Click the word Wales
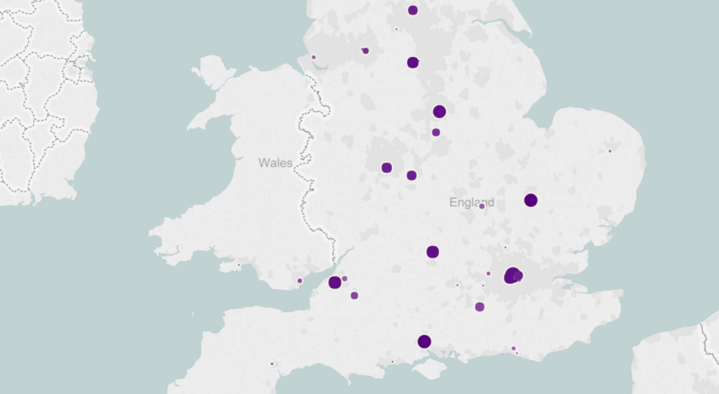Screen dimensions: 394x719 click(276, 163)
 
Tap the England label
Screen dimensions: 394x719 click(471, 202)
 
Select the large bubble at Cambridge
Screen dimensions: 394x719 click(530, 200)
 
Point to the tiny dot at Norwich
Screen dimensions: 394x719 click(610, 151)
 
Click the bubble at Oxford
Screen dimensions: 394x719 click(433, 251)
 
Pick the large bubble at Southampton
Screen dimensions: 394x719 click(424, 342)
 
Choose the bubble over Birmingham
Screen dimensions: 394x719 click(387, 167)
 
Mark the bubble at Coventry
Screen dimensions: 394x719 click(412, 175)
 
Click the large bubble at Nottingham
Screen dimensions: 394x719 click(440, 112)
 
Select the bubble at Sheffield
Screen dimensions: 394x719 click(413, 62)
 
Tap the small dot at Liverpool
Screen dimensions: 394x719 click(313, 57)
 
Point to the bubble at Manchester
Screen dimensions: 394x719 click(365, 51)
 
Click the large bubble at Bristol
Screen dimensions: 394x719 click(335, 282)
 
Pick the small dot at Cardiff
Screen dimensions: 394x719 click(300, 281)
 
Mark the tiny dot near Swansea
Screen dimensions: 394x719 click(239, 266)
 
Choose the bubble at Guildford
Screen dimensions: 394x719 click(480, 307)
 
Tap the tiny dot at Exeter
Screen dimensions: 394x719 click(272, 364)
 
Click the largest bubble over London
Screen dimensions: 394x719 click(512, 275)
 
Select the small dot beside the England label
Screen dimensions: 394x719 click(482, 206)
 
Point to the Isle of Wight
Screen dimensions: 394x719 click(428, 369)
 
